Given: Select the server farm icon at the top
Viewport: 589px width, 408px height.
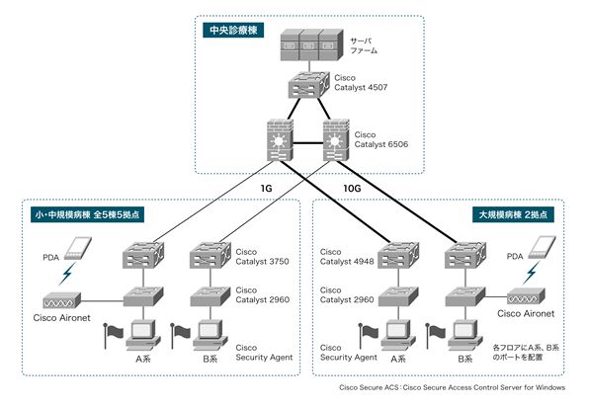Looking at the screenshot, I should [308, 44].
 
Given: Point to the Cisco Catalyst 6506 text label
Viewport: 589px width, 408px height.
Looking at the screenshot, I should [380, 139].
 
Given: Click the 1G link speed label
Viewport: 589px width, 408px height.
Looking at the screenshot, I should [266, 187].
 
